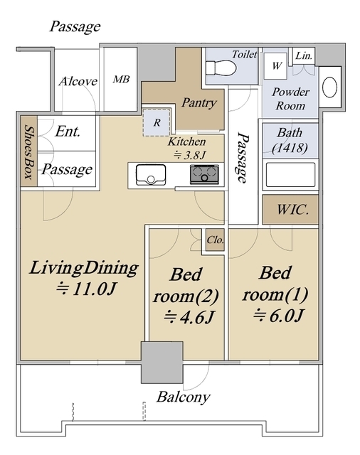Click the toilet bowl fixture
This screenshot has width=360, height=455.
(x=221, y=68)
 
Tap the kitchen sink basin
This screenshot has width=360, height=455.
(x=151, y=174)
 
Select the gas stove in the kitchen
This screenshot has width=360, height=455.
(x=204, y=174)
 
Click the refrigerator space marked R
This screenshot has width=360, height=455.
(x=157, y=122)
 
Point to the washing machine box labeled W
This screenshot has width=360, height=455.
(x=275, y=66)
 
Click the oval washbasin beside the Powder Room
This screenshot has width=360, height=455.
(x=330, y=87)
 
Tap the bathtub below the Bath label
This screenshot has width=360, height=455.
(x=290, y=175)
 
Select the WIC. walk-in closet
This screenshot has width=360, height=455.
(x=290, y=209)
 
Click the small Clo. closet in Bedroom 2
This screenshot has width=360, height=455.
(x=215, y=240)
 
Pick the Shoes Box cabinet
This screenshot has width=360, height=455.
(x=29, y=151)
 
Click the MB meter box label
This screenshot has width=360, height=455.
(x=121, y=79)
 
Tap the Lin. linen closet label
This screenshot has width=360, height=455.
(x=304, y=55)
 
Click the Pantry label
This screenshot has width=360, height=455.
(x=199, y=102)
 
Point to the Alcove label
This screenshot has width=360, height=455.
(x=78, y=81)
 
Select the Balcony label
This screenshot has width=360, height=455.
(x=184, y=397)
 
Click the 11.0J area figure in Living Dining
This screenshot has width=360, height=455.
(x=86, y=289)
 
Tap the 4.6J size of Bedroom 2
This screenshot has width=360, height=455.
(x=189, y=317)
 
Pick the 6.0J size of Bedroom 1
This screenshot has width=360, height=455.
(x=278, y=316)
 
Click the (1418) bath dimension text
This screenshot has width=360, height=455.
(x=290, y=148)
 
